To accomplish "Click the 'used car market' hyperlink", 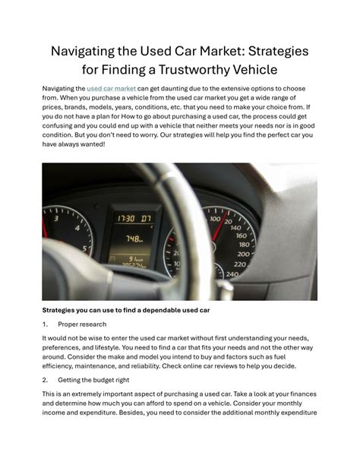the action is pyautogui.click(x=112, y=89).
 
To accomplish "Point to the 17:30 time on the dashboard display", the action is pyautogui.click(x=125, y=217).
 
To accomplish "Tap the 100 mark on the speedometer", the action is pyautogui.click(x=214, y=220).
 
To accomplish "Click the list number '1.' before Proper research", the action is pyautogui.click(x=46, y=324).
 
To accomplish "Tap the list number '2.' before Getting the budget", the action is pyautogui.click(x=46, y=378).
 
